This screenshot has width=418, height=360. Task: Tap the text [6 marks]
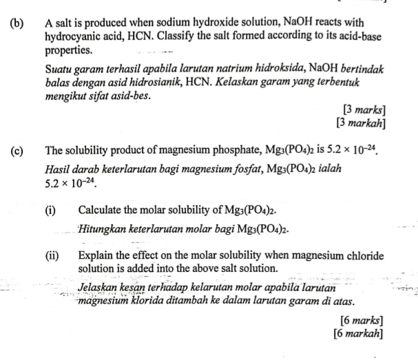tap(362, 320)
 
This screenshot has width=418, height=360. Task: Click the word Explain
tap(97, 256)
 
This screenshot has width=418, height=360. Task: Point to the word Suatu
tap(59, 70)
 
